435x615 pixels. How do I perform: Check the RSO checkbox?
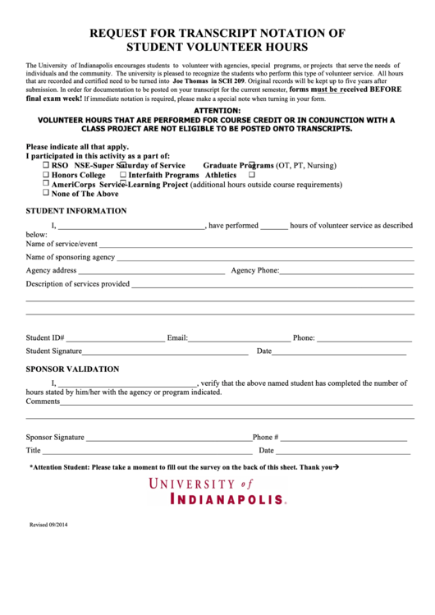[x=46, y=165]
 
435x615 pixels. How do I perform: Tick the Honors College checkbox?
[x=46, y=175]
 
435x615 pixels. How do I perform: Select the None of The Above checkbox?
[x=46, y=195]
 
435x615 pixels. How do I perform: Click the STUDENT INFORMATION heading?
[x=76, y=211]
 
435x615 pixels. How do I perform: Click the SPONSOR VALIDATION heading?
[x=72, y=369]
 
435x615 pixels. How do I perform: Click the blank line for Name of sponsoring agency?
[x=264, y=259]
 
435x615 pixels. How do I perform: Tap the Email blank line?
[x=239, y=339]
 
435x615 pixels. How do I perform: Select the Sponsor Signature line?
[x=168, y=439]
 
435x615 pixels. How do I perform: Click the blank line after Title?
[x=148, y=452]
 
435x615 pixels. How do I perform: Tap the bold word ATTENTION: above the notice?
[x=217, y=110]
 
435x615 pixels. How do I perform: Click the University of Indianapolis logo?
[x=217, y=491]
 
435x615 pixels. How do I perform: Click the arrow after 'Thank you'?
[x=337, y=467]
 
